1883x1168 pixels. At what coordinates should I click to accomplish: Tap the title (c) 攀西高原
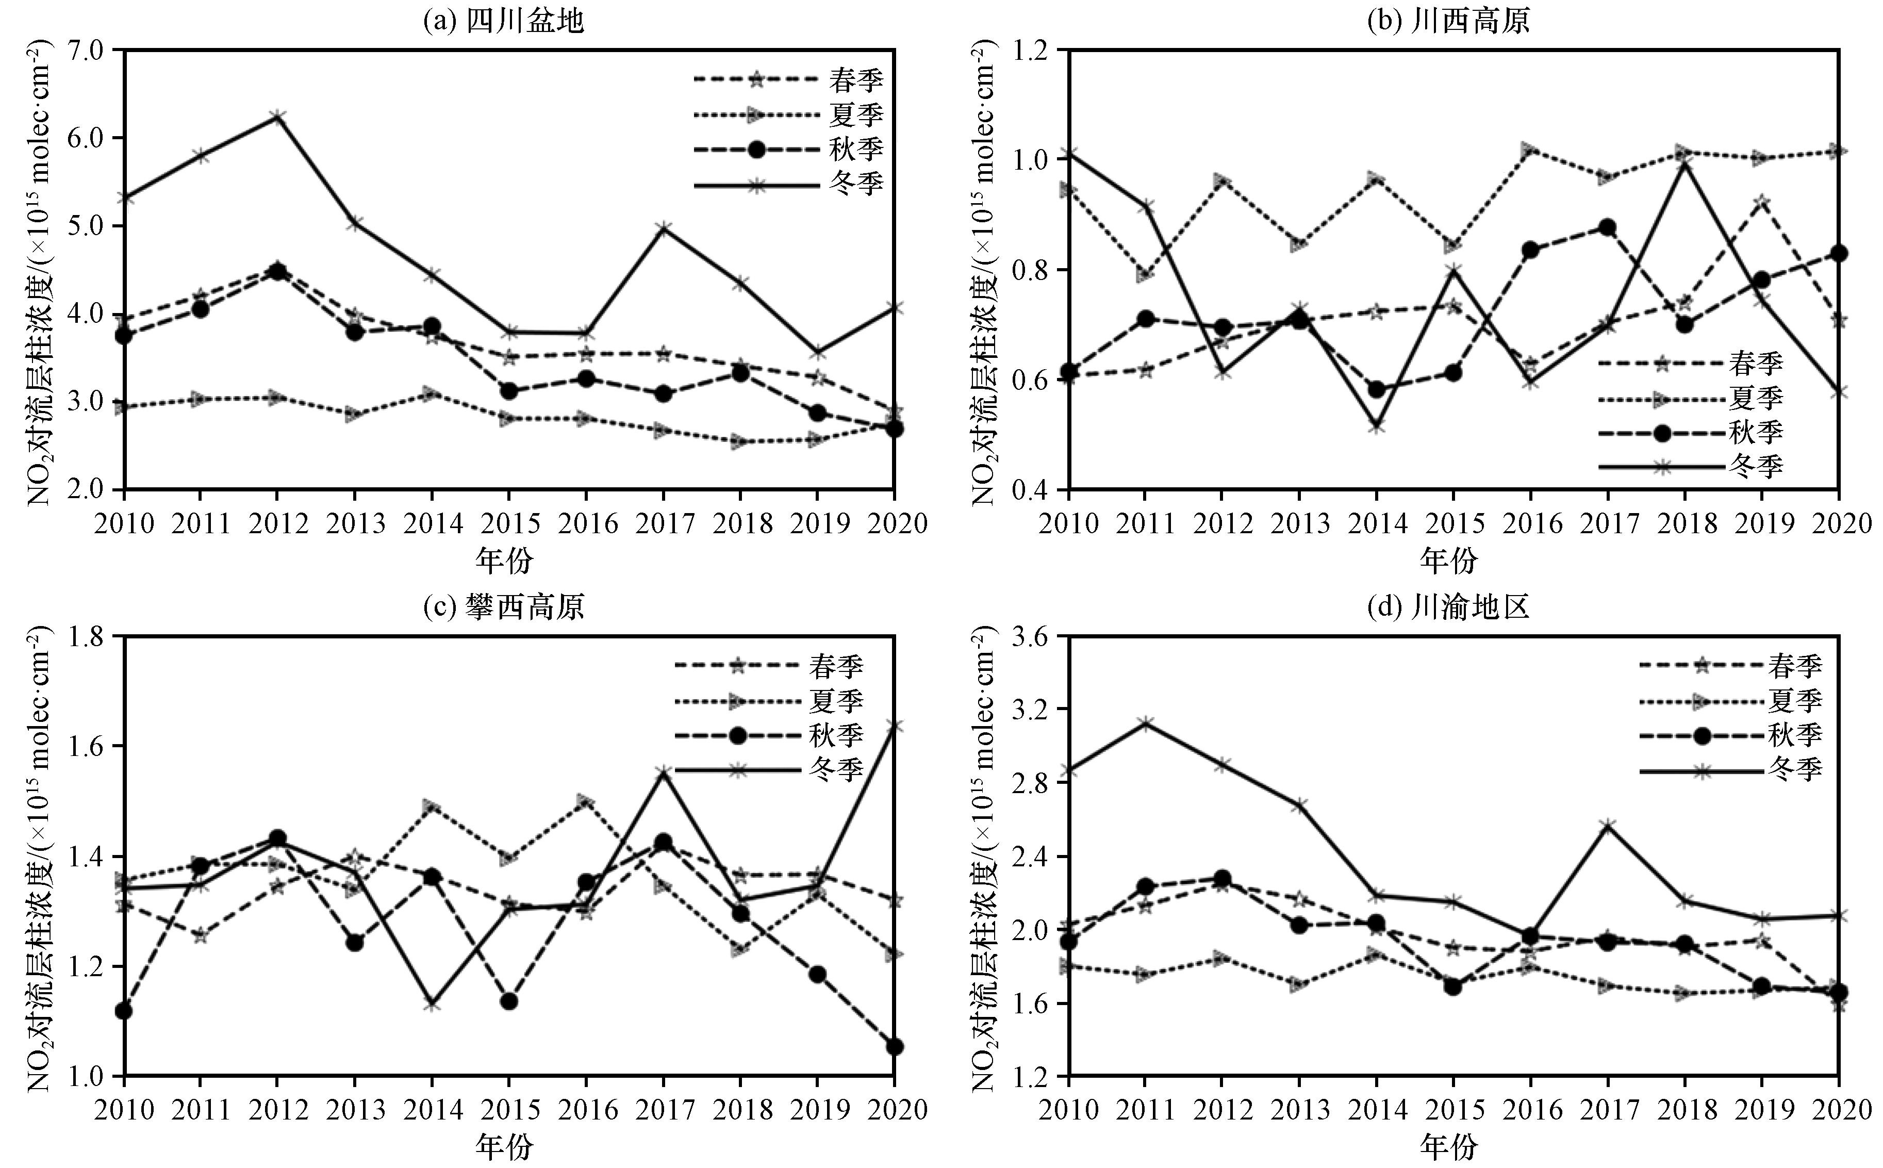coord(504,607)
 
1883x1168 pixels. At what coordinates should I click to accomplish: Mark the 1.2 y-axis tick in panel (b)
coord(1035,50)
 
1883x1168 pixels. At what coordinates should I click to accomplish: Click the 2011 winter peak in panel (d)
coord(1145,722)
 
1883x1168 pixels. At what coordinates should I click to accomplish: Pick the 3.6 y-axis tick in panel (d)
coord(1035,636)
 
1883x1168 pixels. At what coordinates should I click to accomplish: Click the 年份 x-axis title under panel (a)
coord(504,560)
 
